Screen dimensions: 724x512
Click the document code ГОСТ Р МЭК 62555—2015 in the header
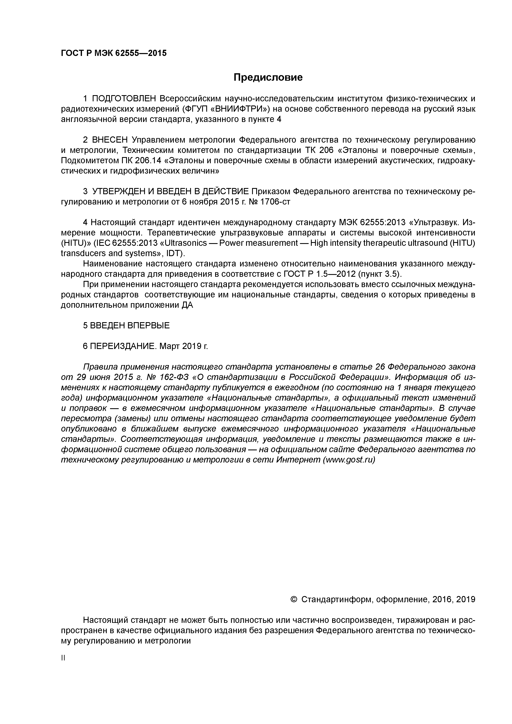pos(114,53)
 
